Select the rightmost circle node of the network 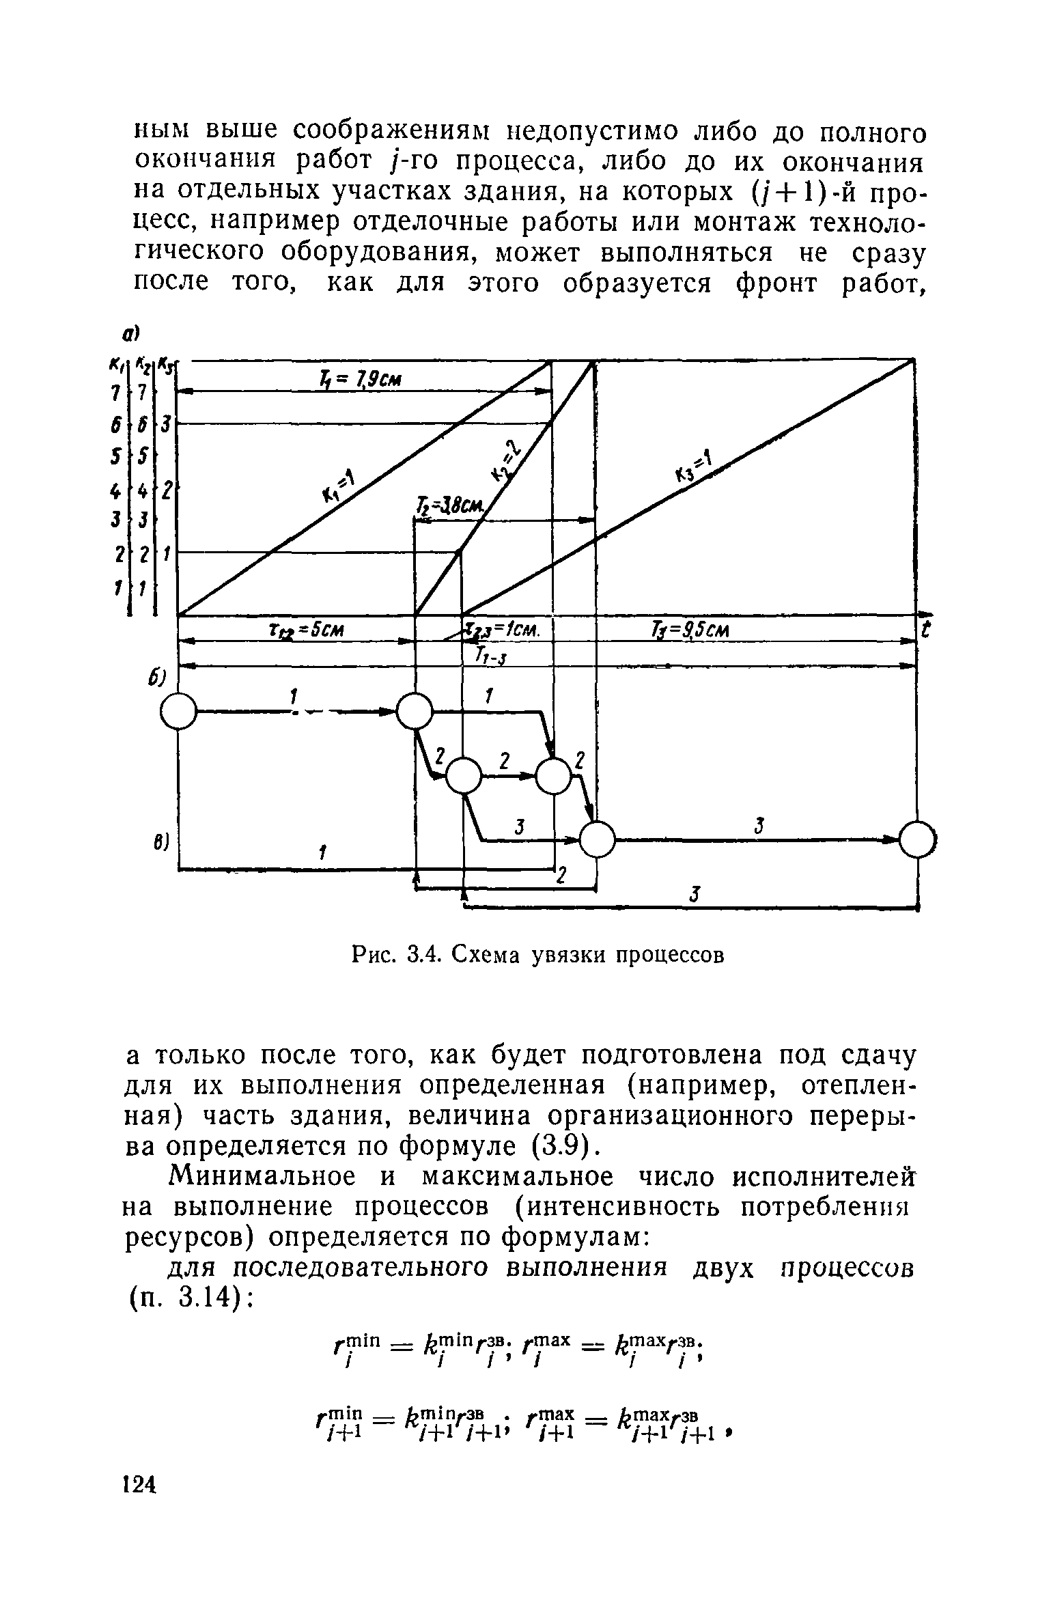(x=916, y=839)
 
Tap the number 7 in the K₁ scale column (x=117, y=393)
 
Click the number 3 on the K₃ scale (x=166, y=424)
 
